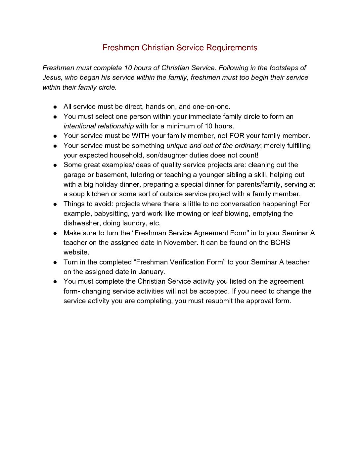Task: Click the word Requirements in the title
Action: pos(232,48)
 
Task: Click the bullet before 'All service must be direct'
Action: pos(55,107)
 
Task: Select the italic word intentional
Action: pos(79,126)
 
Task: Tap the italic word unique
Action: pos(177,146)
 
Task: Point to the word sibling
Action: pos(236,175)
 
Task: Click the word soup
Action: pos(77,194)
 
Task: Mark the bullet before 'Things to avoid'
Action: pos(55,204)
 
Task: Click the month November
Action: pos(180,243)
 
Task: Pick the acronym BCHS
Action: pos(280,243)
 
